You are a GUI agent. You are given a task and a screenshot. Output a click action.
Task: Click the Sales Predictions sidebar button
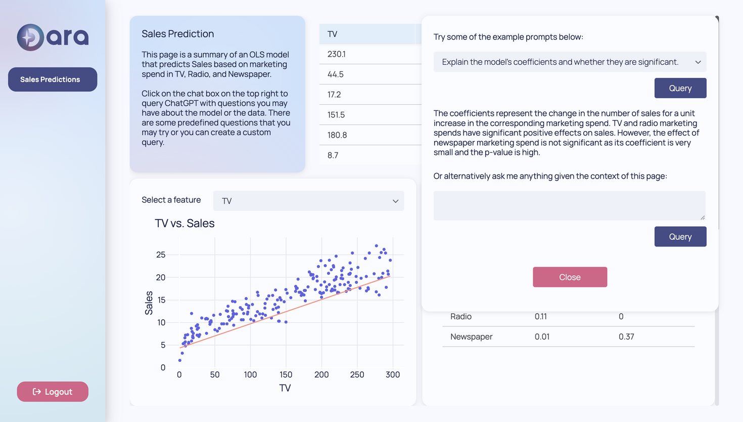(x=53, y=79)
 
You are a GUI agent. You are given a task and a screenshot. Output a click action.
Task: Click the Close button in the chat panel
(x=570, y=277)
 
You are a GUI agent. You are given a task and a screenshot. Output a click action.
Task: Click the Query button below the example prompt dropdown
(x=680, y=88)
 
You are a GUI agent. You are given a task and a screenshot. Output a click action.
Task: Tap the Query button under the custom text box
(x=680, y=237)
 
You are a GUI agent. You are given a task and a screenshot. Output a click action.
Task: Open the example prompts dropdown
(x=570, y=62)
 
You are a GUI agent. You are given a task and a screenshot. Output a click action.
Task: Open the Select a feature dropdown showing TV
(x=308, y=201)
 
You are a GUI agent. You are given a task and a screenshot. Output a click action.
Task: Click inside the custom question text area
(x=569, y=205)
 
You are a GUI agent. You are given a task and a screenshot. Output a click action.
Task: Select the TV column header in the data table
(x=333, y=34)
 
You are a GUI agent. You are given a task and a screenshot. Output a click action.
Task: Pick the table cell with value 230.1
(x=337, y=54)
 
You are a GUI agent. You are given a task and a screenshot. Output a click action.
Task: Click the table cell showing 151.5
(x=336, y=115)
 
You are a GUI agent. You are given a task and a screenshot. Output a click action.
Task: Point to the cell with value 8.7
(x=333, y=155)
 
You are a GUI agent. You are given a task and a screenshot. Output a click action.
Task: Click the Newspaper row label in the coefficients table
(x=471, y=336)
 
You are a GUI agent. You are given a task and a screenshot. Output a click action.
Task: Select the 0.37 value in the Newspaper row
(x=626, y=336)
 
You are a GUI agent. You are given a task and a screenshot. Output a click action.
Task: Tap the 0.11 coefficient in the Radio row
(x=540, y=316)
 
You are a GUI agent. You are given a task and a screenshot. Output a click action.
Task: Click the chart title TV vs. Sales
(x=184, y=223)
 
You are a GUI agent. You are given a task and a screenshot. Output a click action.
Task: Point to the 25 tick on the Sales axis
(x=161, y=255)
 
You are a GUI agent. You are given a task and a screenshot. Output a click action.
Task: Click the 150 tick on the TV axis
(x=286, y=374)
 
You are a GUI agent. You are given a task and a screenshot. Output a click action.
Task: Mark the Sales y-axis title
(x=149, y=303)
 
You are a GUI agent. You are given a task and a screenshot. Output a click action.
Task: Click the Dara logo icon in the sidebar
(x=30, y=37)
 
